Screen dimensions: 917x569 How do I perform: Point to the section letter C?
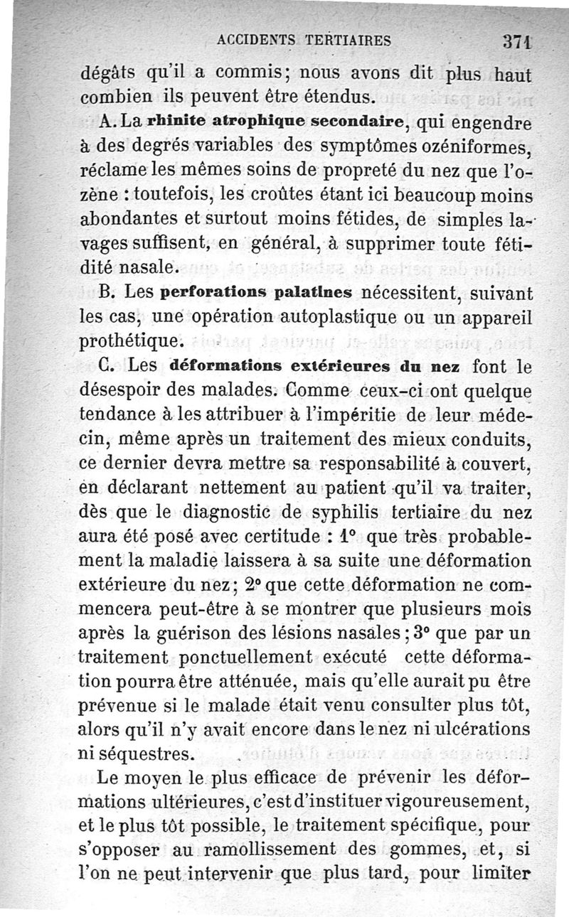click(x=110, y=368)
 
